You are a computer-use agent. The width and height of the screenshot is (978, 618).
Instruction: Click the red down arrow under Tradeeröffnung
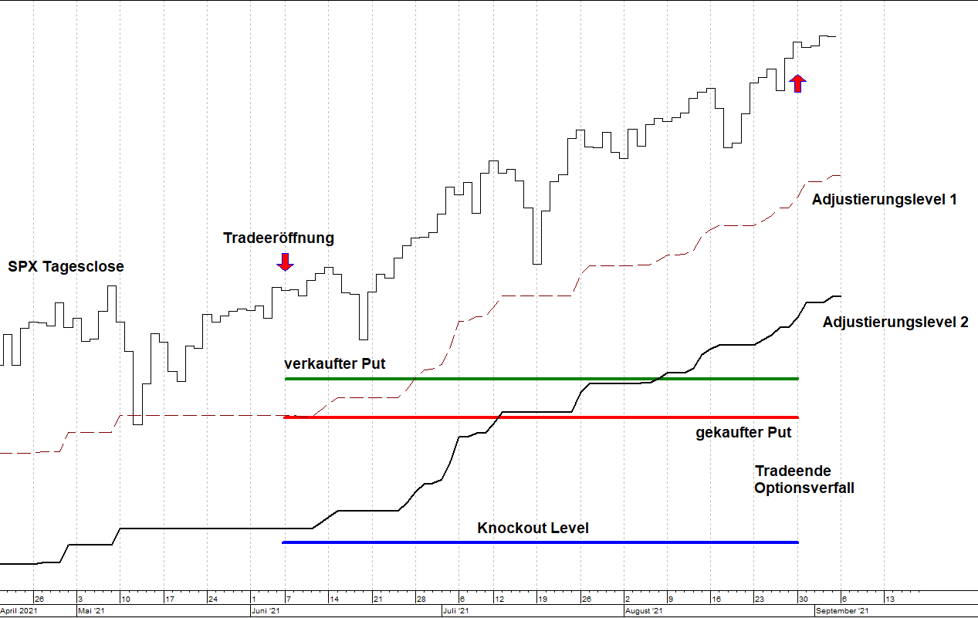click(286, 262)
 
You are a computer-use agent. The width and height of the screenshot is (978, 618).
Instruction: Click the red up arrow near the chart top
click(798, 83)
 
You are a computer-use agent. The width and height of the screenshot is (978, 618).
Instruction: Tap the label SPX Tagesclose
click(66, 267)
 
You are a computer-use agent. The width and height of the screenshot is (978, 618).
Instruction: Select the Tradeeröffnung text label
click(279, 238)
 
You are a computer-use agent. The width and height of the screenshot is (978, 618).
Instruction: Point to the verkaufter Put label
click(334, 363)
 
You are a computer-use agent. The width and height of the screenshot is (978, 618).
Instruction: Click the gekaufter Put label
click(743, 433)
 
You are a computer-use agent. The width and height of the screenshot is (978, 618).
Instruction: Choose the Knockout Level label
click(533, 529)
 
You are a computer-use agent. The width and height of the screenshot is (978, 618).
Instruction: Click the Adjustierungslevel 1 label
click(885, 200)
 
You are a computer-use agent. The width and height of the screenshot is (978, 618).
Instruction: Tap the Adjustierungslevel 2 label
click(895, 323)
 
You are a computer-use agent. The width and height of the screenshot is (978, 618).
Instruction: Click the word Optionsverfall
click(804, 488)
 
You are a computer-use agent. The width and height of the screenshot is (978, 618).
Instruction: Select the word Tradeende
click(793, 471)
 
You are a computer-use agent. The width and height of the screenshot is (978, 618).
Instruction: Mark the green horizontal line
click(540, 379)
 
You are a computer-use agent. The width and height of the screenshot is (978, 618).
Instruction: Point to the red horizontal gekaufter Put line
click(540, 417)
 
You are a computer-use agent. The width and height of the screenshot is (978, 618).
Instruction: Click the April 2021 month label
click(19, 611)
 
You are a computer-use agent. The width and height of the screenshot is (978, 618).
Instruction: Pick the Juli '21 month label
click(456, 611)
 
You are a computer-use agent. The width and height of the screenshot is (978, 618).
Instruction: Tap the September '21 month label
click(843, 611)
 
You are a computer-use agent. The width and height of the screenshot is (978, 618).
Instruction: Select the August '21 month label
click(642, 611)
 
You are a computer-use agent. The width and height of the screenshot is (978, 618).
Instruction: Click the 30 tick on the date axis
click(803, 599)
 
